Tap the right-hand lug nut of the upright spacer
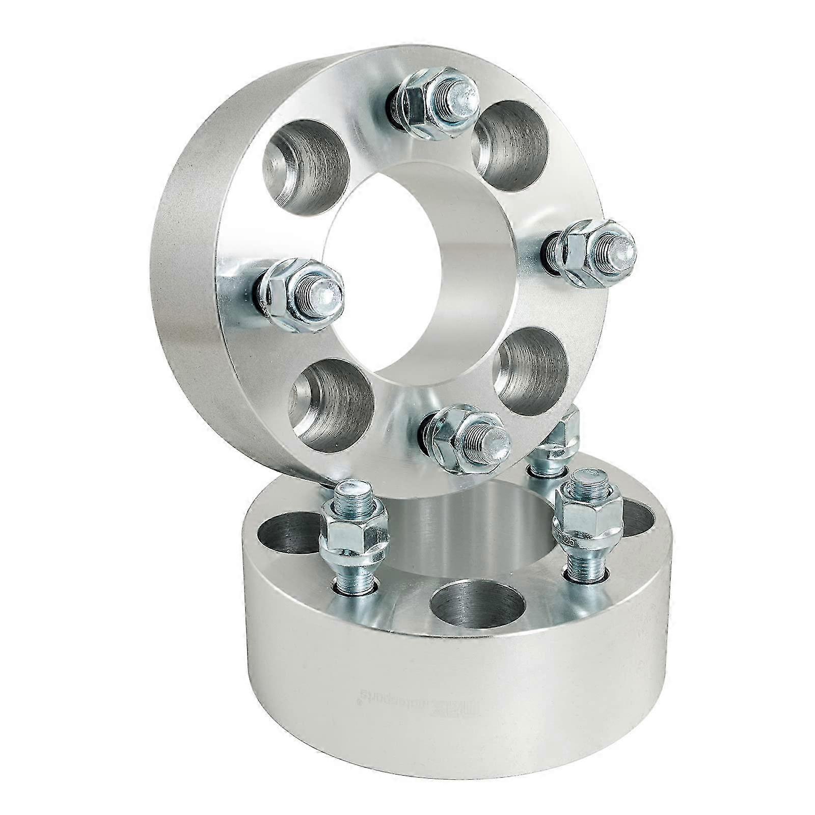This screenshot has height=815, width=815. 588,253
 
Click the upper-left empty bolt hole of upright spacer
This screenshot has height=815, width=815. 306,160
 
